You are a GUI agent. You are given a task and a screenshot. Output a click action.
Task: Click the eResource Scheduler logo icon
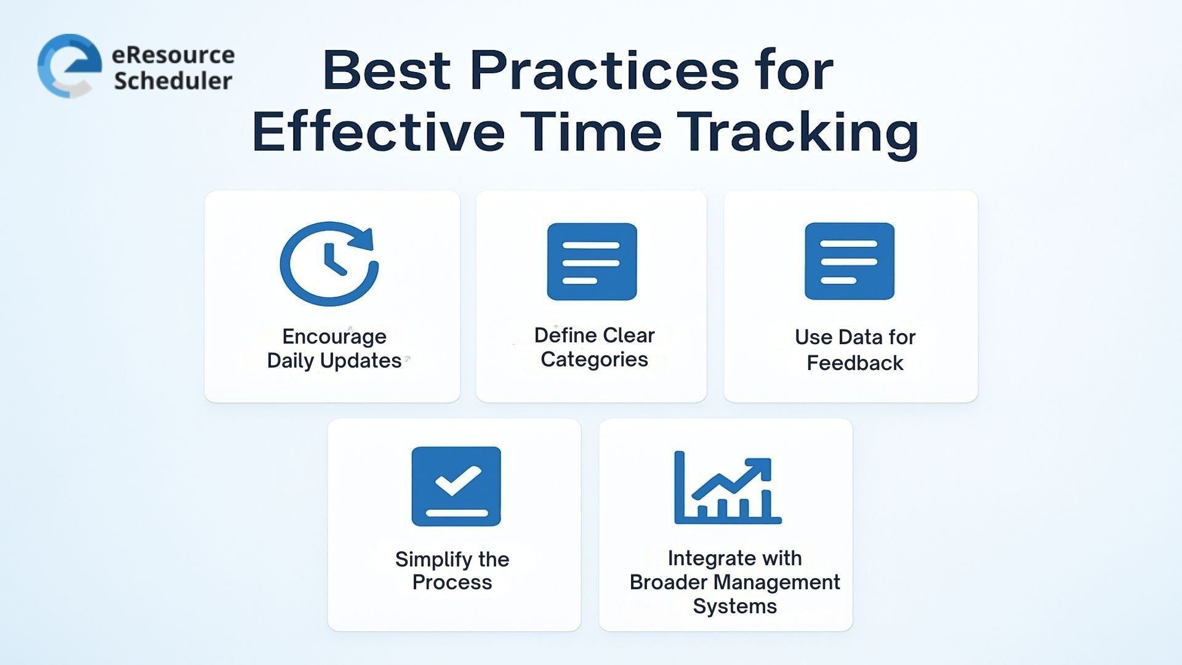69,66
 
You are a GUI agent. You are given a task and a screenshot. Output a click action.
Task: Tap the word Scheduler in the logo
173,81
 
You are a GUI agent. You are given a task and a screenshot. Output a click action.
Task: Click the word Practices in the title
604,70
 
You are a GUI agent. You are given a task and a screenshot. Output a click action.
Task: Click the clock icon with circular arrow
329,264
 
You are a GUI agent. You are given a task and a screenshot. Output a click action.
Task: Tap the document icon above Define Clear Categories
592,262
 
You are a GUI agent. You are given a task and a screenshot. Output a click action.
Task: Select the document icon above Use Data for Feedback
849,261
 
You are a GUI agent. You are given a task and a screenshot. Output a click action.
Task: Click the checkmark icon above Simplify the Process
456,486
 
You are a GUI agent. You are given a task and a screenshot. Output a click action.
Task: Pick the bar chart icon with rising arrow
727,488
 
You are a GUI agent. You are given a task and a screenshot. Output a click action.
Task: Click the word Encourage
334,337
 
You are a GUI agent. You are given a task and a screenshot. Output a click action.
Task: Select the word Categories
594,360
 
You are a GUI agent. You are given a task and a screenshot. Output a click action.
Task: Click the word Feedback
854,363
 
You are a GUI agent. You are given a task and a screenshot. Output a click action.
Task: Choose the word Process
452,582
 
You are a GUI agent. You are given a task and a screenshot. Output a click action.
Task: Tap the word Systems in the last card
734,607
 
